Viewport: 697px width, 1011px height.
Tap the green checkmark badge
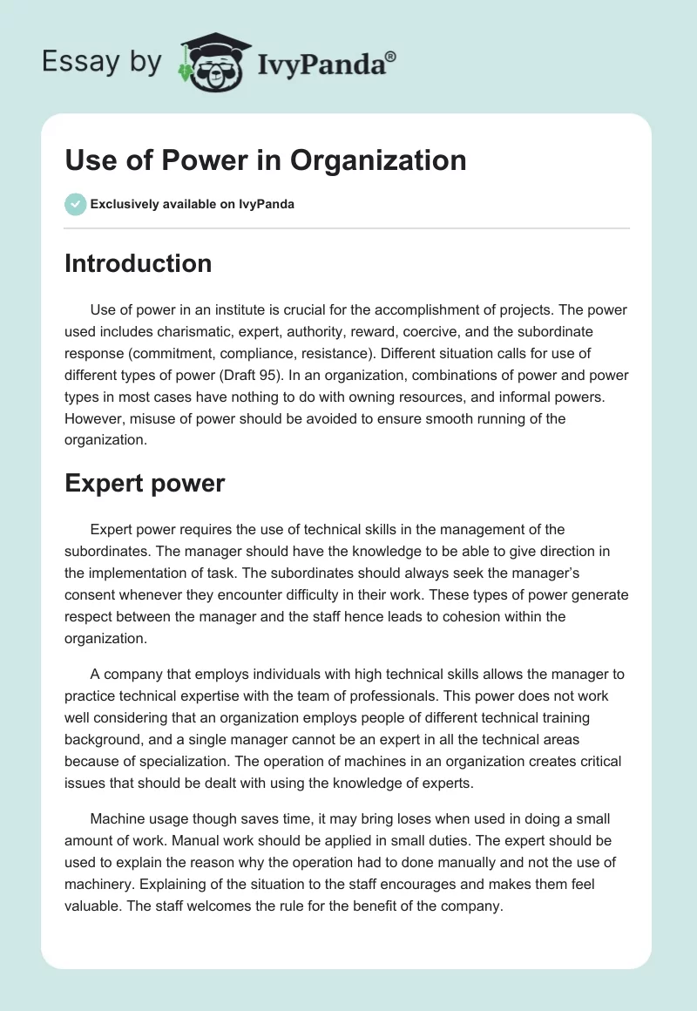click(75, 204)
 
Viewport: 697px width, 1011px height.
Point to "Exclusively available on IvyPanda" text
click(192, 205)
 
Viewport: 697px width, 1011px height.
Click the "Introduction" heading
click(138, 263)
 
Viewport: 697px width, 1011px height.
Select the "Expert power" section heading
click(145, 484)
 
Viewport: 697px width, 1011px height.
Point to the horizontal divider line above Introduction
click(347, 228)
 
